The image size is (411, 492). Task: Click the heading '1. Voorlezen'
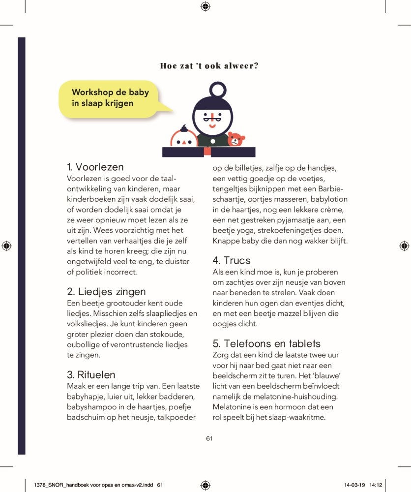pos(95,167)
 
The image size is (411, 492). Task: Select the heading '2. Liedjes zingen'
pos(106,291)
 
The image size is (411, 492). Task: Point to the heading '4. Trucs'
pos(232,260)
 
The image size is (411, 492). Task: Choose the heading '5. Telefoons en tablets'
pos(266,343)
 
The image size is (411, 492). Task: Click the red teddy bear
pos(236,139)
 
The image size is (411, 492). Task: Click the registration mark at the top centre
pos(205,6)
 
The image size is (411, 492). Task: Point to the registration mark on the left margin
pos(6,245)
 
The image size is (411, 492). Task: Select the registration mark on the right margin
pos(404,245)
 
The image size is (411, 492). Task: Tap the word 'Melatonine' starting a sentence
pos(232,407)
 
